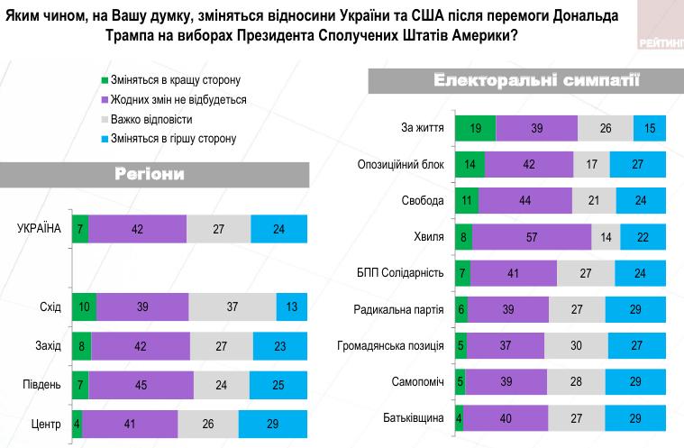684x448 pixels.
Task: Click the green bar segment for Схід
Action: (84, 307)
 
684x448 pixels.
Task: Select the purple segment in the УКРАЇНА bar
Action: (137, 229)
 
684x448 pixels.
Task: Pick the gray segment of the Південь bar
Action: (223, 385)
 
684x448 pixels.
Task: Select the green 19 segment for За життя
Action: (474, 129)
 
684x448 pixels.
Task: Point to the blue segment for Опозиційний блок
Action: (637, 164)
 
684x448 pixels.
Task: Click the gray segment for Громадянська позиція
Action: (576, 346)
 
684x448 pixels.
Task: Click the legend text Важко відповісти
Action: (151, 119)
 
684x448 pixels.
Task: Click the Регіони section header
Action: (150, 174)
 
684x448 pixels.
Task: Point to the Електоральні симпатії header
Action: (536, 82)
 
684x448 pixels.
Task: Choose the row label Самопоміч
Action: (417, 382)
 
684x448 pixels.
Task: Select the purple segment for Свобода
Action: (525, 199)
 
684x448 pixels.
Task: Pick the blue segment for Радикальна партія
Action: (634, 309)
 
